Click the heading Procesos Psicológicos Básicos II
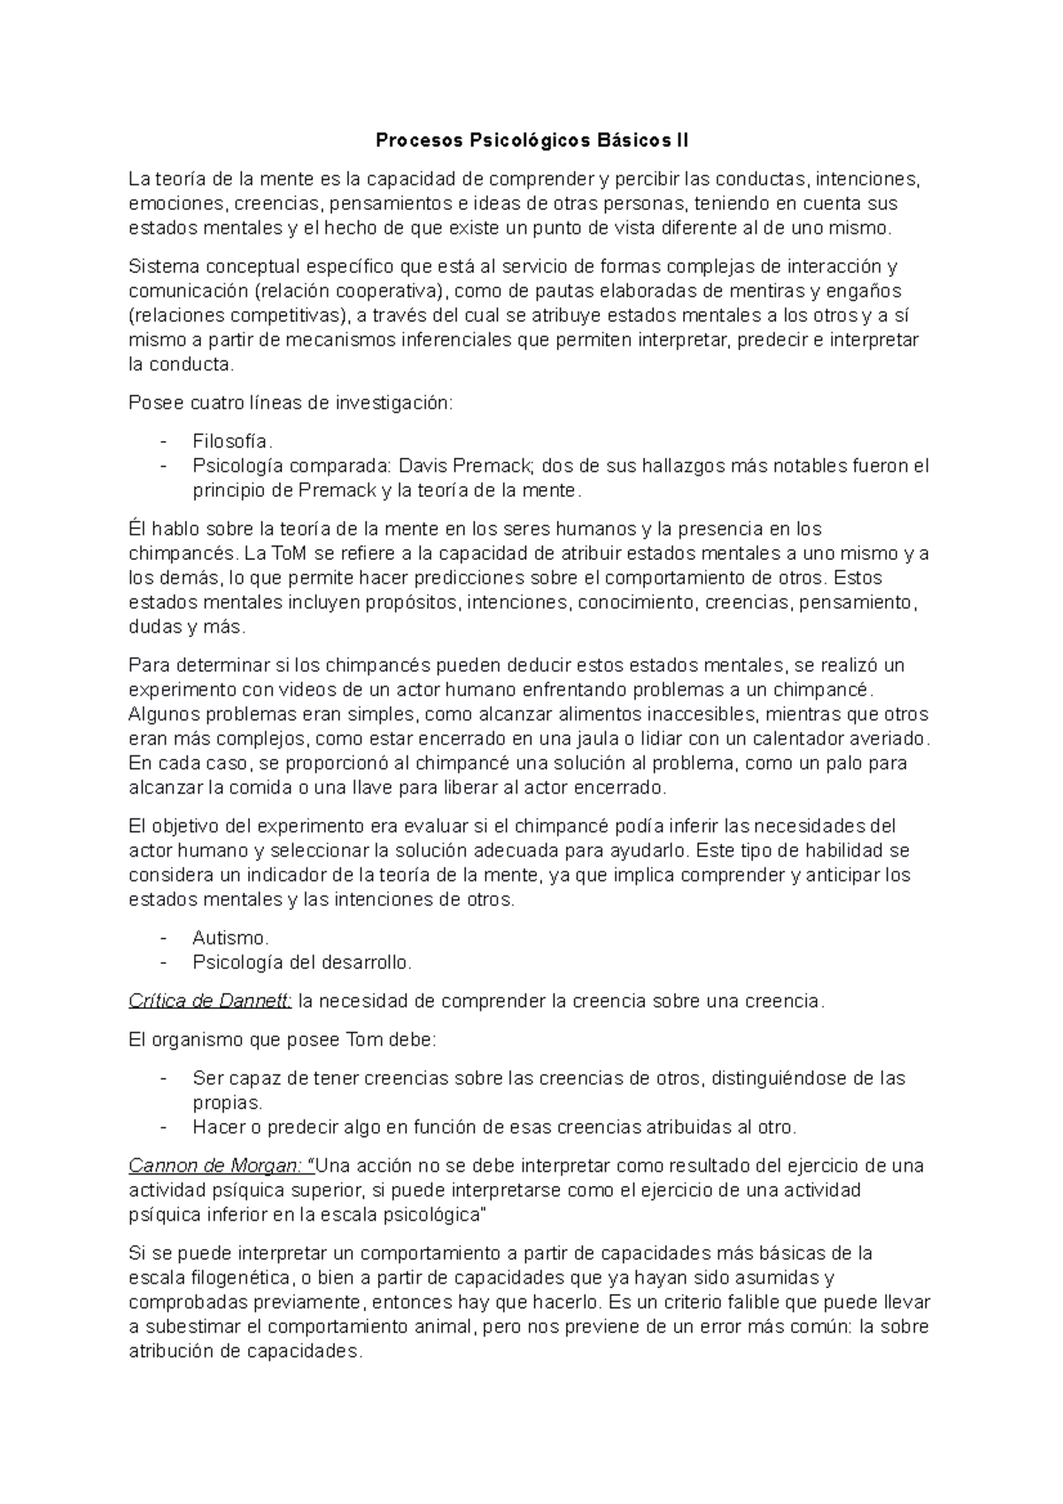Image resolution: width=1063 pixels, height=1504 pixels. point(531,140)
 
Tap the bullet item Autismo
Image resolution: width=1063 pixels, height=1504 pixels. point(230,937)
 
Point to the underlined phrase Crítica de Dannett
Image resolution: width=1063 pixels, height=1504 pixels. point(210,1001)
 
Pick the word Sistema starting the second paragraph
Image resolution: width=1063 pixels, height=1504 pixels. point(162,267)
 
